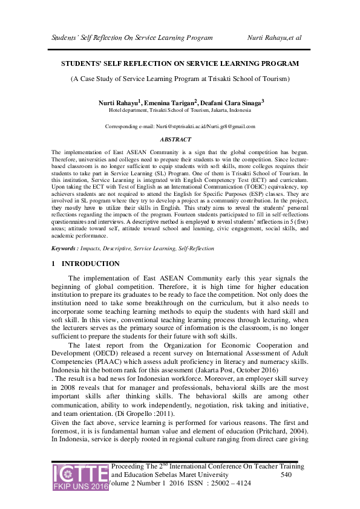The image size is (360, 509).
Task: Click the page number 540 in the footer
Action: click(x=289, y=476)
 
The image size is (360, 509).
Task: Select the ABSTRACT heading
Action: click(x=180, y=138)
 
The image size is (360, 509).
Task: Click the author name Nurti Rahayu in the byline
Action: click(x=119, y=103)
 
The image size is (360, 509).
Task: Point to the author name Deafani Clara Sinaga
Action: click(x=232, y=103)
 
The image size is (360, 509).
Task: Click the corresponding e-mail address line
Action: click(x=180, y=126)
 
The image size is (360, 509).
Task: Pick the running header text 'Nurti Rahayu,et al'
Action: click(x=275, y=37)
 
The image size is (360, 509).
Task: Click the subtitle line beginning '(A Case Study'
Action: click(x=180, y=79)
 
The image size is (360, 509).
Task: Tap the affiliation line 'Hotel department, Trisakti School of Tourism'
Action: click(x=180, y=111)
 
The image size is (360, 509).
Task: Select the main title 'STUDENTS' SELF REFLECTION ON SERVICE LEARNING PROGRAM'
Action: click(x=180, y=63)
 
